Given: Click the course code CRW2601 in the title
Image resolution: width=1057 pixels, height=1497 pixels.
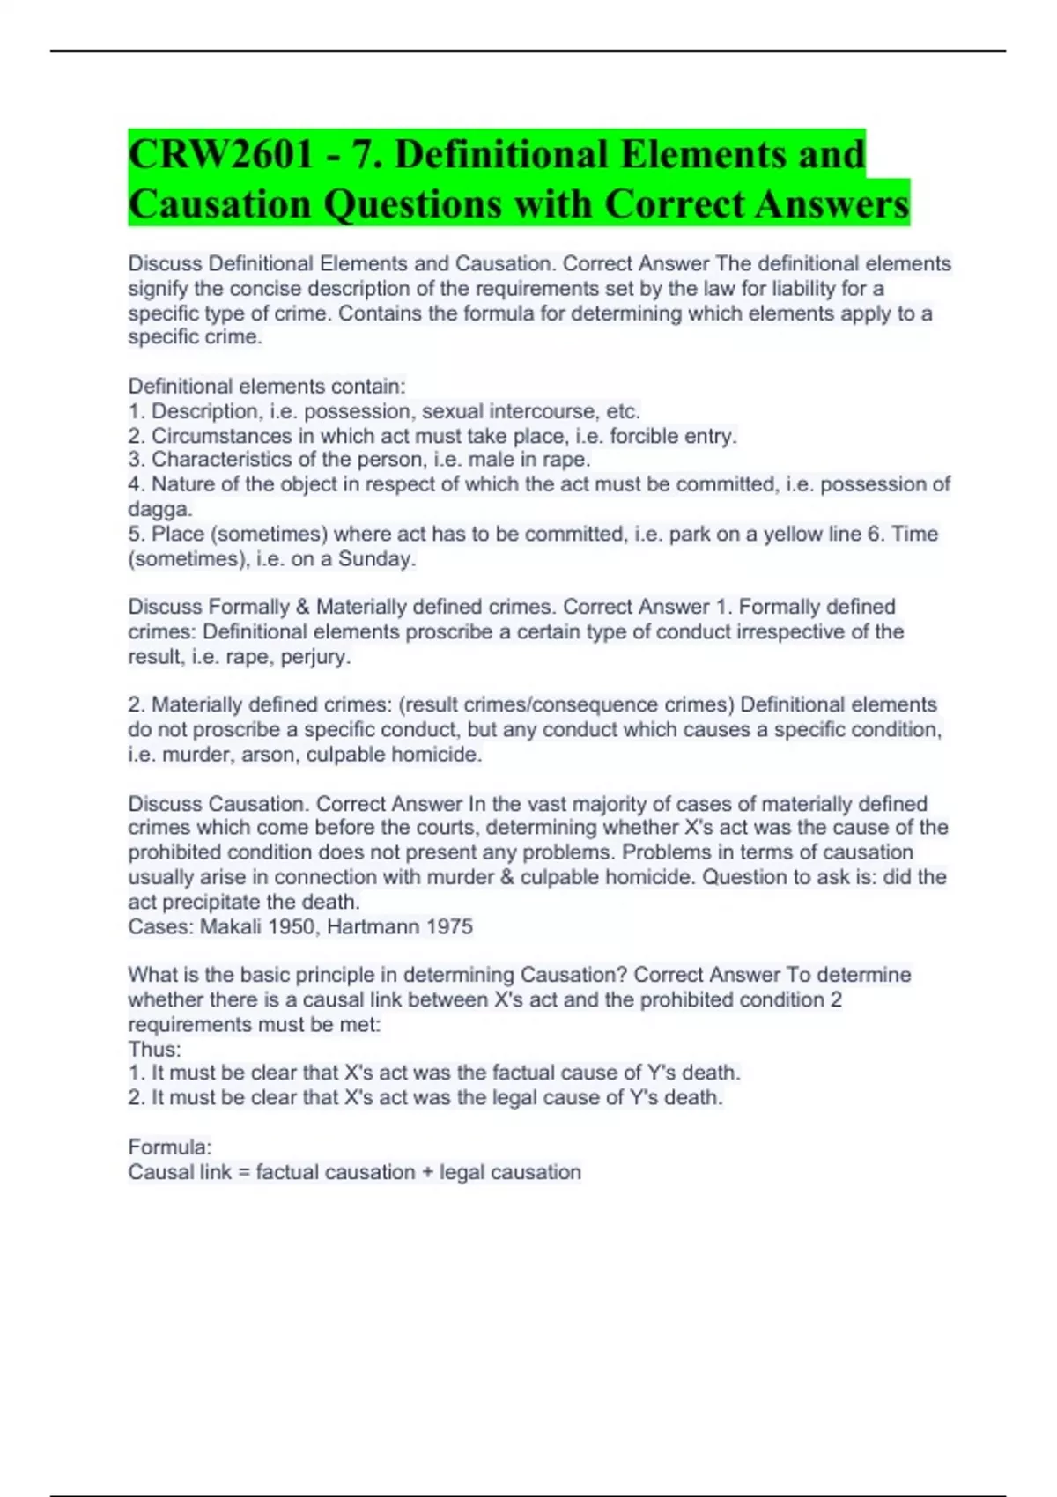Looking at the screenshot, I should (221, 155).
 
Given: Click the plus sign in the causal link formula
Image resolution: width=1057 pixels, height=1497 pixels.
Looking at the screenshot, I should (427, 1173).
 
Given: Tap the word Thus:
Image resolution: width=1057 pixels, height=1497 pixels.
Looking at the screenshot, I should (154, 1050).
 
